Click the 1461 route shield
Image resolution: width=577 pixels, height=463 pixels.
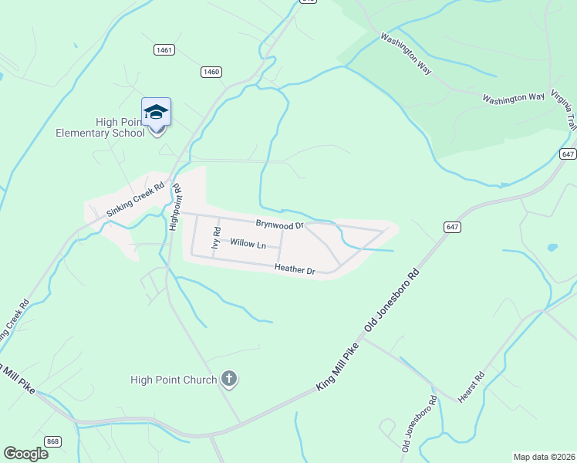tap(164, 49)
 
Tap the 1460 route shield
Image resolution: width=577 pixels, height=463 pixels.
tap(211, 72)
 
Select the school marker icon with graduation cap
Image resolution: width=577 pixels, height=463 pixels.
tap(157, 113)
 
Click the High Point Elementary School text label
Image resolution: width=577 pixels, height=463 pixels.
tap(100, 127)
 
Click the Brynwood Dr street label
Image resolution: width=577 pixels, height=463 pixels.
tap(281, 224)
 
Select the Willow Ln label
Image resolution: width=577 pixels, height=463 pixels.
tap(248, 245)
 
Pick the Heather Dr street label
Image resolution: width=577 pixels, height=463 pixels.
tap(295, 270)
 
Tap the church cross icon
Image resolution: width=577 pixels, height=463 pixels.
tap(229, 378)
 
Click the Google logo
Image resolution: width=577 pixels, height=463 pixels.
tap(25, 454)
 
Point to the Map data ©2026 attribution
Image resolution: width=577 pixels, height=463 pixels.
tap(544, 456)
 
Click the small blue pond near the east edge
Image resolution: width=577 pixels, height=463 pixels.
tap(552, 248)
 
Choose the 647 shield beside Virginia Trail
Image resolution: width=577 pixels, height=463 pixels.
tap(568, 154)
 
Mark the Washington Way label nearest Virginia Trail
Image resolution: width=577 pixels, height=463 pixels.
tap(514, 98)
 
